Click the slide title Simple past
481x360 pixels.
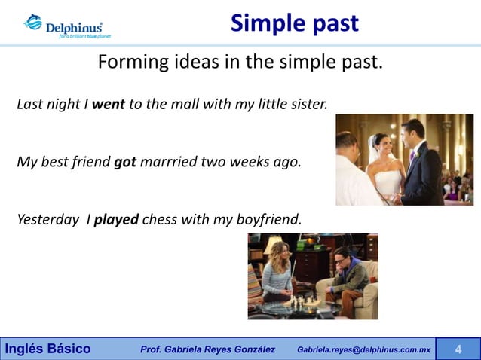pos(294,23)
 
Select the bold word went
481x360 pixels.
pos(108,104)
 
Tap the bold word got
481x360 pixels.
pos(124,161)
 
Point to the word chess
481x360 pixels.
pos(159,220)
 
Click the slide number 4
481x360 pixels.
pos(458,349)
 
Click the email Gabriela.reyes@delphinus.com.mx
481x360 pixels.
pos(363,349)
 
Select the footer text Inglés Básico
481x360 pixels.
pos(48,349)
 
